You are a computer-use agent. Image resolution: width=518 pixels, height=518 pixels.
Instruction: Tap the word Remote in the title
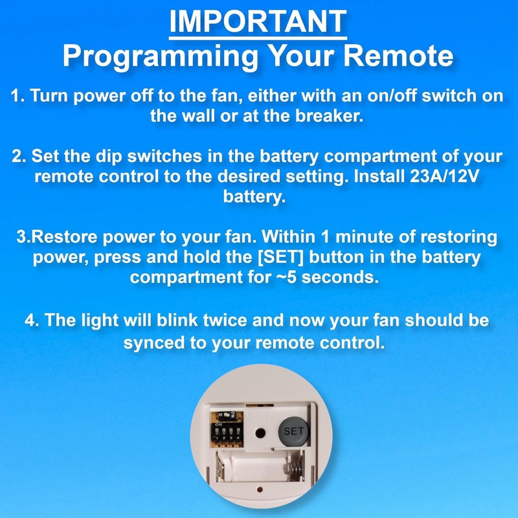coord(405,57)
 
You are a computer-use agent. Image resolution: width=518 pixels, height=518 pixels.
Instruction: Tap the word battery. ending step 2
coord(254,197)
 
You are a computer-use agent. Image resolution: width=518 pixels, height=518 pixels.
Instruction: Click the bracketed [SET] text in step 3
coord(258,258)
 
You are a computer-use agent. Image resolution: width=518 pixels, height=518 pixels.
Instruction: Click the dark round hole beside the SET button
coord(261,432)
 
